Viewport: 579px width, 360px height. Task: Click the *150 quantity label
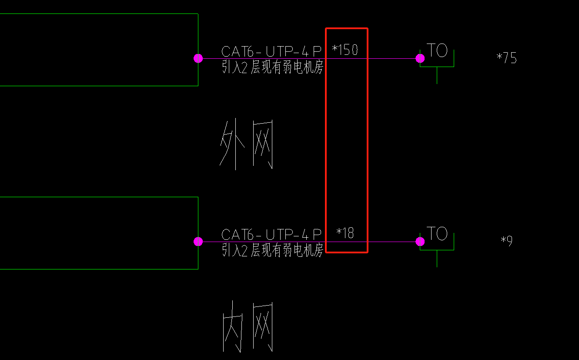(x=345, y=50)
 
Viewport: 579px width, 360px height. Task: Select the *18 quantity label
(x=345, y=233)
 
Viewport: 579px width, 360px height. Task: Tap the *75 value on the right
(x=507, y=58)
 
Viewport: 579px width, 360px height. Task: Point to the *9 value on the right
(x=507, y=241)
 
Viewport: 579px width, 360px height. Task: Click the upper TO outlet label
(x=437, y=50)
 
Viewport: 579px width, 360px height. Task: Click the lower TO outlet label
(x=437, y=234)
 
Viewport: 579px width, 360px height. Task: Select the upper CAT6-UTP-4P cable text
(x=271, y=51)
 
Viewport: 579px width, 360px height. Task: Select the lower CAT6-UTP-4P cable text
(x=271, y=235)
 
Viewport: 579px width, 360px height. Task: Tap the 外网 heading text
(x=247, y=145)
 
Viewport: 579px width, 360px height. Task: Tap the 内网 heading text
(x=248, y=326)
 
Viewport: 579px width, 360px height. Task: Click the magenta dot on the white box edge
(x=198, y=58)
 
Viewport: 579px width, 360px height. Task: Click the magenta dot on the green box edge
(x=198, y=242)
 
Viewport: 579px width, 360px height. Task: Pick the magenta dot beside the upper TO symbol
(x=420, y=58)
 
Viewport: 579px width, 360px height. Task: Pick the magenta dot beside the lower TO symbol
(x=420, y=242)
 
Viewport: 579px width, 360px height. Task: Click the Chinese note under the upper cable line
(x=273, y=67)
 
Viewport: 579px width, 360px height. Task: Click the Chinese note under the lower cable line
(x=273, y=250)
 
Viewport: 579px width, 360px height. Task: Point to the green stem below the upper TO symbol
(x=437, y=76)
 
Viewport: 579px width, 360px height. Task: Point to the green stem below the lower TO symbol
(x=437, y=259)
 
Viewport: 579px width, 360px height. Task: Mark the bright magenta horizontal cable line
(x=383, y=58)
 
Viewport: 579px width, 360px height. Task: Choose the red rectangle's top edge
(x=347, y=29)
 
